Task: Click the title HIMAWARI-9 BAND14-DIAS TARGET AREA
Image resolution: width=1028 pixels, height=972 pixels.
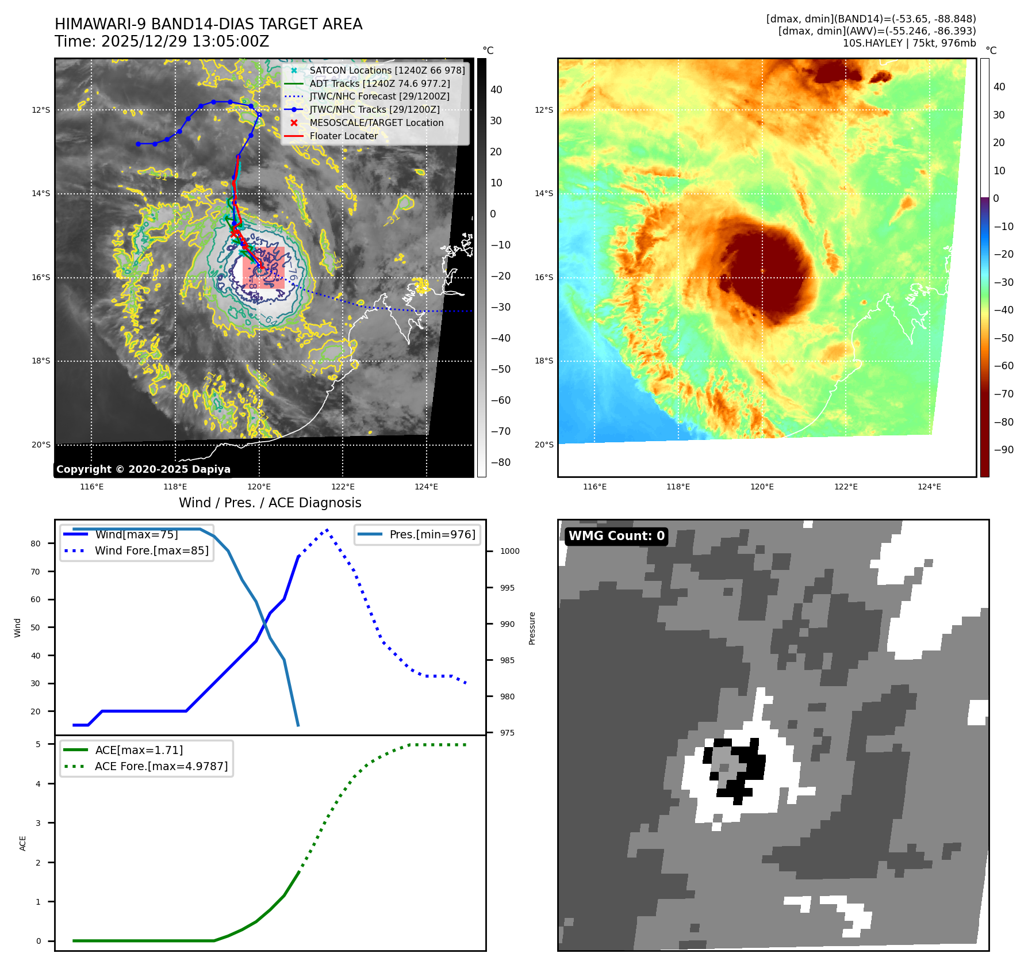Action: [x=208, y=24]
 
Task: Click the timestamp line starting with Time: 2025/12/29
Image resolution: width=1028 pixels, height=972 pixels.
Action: [x=162, y=41]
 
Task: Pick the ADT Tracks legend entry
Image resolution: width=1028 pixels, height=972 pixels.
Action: [x=379, y=83]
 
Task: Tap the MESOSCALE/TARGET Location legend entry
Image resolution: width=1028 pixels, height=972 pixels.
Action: [x=376, y=123]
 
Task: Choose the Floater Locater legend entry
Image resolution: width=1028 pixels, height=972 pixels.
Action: [x=343, y=136]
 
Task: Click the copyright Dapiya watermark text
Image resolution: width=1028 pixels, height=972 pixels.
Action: [x=143, y=469]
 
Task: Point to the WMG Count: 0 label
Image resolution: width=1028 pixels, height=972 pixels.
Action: [x=616, y=536]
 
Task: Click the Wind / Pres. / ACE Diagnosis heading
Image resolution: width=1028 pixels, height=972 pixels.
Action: [x=270, y=503]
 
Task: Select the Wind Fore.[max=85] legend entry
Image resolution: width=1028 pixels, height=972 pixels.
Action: [x=151, y=550]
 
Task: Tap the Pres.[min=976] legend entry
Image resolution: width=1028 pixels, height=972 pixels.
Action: [x=432, y=534]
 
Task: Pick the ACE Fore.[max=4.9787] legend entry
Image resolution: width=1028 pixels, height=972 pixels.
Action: [x=161, y=766]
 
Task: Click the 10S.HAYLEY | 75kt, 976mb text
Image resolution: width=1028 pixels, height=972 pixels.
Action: [x=909, y=43]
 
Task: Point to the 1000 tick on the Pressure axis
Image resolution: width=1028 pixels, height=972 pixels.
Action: [x=509, y=551]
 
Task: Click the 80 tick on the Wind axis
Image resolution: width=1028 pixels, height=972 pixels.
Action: [x=36, y=544]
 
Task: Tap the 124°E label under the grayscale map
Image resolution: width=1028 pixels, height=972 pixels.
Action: [x=426, y=487]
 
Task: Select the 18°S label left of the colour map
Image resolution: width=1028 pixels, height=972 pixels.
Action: [x=544, y=361]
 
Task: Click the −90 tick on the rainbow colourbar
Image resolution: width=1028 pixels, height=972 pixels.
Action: [x=1003, y=450]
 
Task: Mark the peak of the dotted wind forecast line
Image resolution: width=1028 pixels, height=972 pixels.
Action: [x=327, y=530]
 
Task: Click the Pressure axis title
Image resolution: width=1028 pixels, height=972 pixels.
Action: [x=532, y=628]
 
